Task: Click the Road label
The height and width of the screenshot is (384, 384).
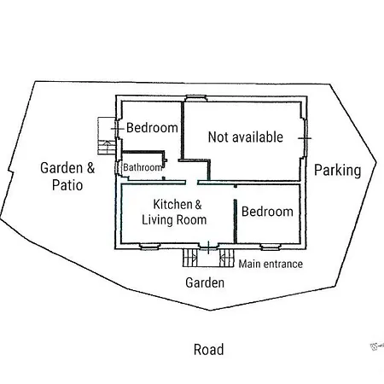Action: pos(208,350)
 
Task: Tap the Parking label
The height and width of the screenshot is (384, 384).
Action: pos(338,171)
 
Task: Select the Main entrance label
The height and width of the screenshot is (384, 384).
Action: pos(271,264)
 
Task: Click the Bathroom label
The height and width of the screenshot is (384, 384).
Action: pos(143,167)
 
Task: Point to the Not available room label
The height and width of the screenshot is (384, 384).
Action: pos(246,137)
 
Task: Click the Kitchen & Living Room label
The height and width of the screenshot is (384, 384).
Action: pos(174,212)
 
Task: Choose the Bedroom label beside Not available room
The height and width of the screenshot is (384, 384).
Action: pos(152,128)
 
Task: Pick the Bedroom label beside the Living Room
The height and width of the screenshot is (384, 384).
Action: pos(267,212)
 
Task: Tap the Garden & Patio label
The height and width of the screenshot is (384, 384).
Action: pos(67,177)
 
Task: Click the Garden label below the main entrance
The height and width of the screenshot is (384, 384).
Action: pos(205,282)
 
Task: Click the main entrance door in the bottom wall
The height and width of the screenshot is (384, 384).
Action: pos(208,247)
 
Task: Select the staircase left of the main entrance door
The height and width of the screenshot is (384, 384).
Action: pos(189,258)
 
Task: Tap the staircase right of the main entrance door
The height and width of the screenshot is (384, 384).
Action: pos(227,258)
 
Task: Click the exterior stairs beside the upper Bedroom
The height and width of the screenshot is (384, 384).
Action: pos(107,136)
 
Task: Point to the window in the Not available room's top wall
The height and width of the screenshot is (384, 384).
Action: pos(196,98)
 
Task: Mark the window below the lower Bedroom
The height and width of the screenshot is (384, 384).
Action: pos(271,247)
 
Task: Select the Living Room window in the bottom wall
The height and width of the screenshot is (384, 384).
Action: pos(149,247)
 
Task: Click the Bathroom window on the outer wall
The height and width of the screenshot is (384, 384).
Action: pos(118,168)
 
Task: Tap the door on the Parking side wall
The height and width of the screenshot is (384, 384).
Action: pos(305,138)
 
